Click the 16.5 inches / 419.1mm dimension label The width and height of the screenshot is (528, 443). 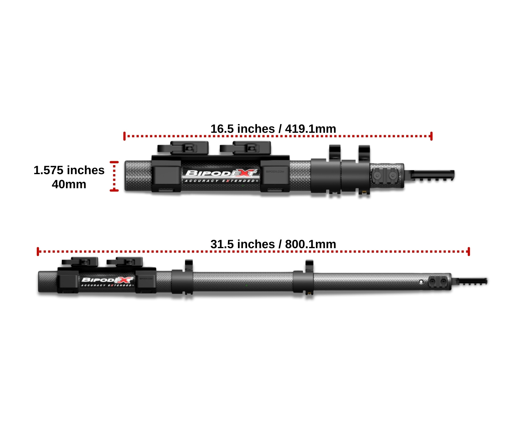tap(273, 129)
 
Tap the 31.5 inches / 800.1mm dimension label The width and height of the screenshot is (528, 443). tap(273, 244)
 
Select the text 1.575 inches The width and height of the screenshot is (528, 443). tap(69, 170)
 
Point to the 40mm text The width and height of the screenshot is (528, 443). tap(69, 184)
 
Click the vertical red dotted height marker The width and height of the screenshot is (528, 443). tap(114, 176)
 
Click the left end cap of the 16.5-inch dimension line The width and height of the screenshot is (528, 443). tap(125, 136)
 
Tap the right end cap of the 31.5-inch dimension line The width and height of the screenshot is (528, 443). tap(469, 251)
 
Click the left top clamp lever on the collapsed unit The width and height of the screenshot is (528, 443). tap(183, 148)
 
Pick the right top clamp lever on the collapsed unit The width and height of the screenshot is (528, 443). tap(246, 148)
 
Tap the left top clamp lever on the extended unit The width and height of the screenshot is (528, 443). tap(80, 262)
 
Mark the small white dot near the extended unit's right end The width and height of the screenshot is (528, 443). tap(421, 282)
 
